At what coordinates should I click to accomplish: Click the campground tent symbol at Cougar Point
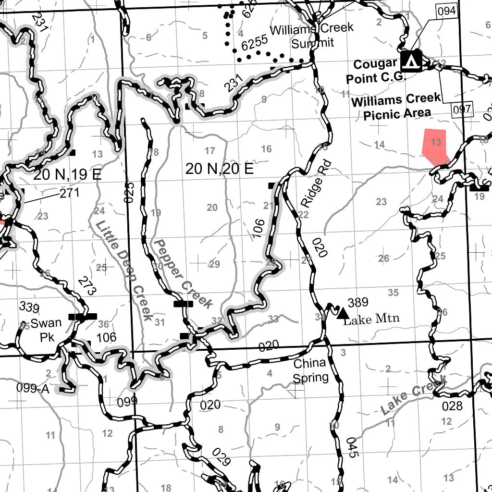point(410,61)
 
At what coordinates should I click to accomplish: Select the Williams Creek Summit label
point(312,36)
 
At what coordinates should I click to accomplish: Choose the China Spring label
point(310,370)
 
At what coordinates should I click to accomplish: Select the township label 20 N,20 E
point(220,169)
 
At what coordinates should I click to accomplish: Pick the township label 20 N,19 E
point(67,175)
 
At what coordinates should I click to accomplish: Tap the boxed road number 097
point(462,110)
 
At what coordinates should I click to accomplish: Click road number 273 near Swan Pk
point(88,285)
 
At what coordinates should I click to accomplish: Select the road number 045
point(352,447)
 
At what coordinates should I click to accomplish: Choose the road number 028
point(452,406)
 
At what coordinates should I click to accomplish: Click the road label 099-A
point(33,389)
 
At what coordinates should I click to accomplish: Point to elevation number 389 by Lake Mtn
point(357,302)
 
